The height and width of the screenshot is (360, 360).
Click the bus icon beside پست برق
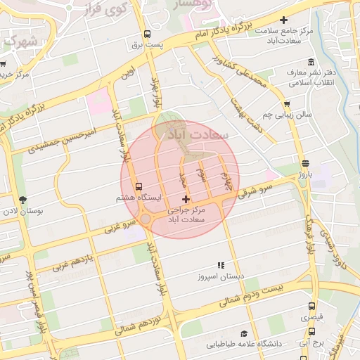pyautogui.click(x=147, y=34)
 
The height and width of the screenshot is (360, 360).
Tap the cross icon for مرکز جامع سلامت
pyautogui.click(x=283, y=20)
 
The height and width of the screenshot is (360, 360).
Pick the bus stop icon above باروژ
pyautogui.click(x=304, y=162)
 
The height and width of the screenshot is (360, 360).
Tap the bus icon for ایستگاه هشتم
pyautogui.click(x=139, y=188)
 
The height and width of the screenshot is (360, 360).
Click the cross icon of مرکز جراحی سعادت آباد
pyautogui.click(x=185, y=201)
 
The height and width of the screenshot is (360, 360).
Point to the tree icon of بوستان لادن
pyautogui.click(x=22, y=200)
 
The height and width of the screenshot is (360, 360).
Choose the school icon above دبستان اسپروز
pyautogui.click(x=220, y=265)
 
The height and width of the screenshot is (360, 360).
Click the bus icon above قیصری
pyautogui.click(x=311, y=307)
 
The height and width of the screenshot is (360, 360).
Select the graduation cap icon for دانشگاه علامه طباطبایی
pyautogui.click(x=244, y=334)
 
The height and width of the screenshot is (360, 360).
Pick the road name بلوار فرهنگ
pyautogui.click(x=307, y=236)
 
